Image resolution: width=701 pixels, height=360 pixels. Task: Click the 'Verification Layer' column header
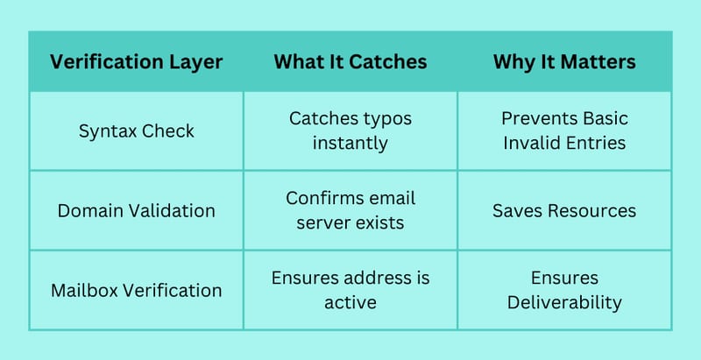(137, 62)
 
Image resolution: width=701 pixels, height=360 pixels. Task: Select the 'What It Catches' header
(350, 61)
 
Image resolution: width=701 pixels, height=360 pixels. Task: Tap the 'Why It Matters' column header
(564, 62)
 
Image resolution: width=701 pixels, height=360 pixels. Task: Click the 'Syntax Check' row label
(137, 131)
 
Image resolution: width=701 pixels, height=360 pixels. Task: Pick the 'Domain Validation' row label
(137, 210)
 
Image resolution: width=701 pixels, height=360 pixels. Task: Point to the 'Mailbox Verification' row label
(137, 290)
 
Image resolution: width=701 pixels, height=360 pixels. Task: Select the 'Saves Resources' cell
(564, 210)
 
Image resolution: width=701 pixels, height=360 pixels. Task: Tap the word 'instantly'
(350, 144)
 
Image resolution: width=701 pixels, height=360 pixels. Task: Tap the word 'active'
(350, 302)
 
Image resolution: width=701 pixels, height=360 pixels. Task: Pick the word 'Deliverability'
(564, 303)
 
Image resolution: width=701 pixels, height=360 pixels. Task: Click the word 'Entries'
(599, 143)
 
